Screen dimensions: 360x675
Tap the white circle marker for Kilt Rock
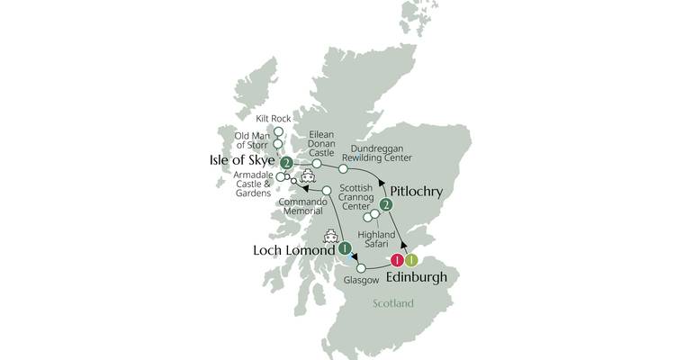point(279,130)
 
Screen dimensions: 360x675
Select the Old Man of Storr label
point(252,141)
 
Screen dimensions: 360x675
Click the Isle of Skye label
point(240,162)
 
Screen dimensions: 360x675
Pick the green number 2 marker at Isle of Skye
point(286,163)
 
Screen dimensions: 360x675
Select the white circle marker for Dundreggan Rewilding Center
point(343,168)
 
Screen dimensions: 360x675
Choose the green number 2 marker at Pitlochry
point(386,206)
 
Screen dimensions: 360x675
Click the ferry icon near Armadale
point(307,176)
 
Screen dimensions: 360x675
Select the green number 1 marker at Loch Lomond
point(344,249)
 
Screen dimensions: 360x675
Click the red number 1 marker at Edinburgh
point(396,261)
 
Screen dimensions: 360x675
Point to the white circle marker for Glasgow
point(361,268)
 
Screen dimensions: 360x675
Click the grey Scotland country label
point(392,303)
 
